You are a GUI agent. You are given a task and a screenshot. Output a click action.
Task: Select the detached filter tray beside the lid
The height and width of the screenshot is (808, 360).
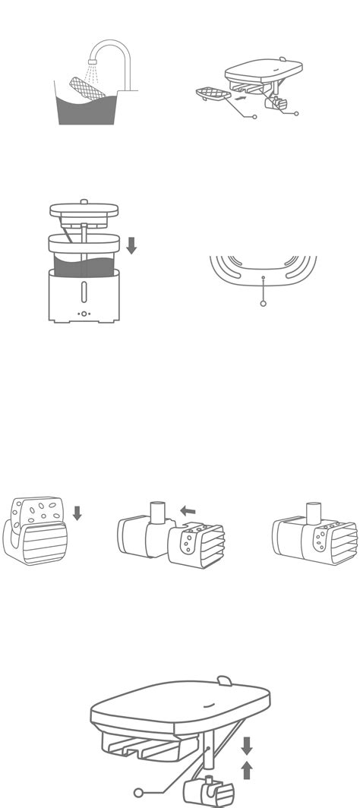[212, 95]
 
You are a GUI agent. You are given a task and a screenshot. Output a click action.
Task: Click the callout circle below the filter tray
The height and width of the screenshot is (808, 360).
[254, 116]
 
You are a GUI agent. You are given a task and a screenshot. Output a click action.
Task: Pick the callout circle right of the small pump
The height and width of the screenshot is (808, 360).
[296, 114]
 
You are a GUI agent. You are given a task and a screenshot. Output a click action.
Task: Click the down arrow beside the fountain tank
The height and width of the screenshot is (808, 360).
[131, 245]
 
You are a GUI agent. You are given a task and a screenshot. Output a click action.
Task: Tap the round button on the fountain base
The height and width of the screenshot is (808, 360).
[84, 314]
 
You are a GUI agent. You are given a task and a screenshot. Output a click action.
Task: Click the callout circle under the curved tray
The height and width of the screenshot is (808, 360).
[263, 303]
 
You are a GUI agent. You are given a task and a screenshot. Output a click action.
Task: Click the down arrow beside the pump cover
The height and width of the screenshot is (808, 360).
[77, 513]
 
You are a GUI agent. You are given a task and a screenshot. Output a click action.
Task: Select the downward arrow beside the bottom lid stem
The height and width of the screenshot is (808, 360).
[246, 745]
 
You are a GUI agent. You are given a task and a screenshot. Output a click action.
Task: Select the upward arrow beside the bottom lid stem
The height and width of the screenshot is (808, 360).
[246, 772]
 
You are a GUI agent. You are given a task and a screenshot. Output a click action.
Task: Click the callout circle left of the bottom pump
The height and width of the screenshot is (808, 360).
[138, 792]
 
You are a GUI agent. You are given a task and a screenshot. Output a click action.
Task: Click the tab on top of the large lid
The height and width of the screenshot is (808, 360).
[225, 680]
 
